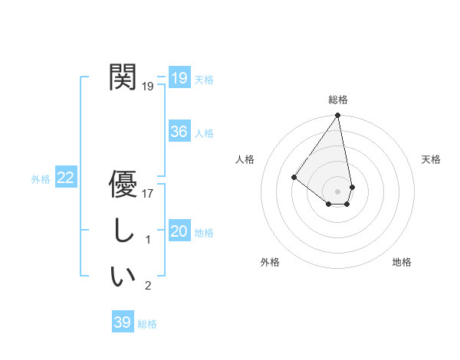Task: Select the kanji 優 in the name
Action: [x=123, y=184]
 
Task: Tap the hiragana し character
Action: [x=123, y=231]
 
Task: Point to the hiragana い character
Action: [x=123, y=277]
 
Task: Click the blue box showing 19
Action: [x=179, y=77]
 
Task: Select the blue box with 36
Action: [x=179, y=132]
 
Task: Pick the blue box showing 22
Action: [x=66, y=178]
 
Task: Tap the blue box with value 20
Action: [x=179, y=231]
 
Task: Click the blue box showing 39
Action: [x=123, y=322]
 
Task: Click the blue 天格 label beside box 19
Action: [x=204, y=79]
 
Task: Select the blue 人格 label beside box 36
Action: [x=204, y=133]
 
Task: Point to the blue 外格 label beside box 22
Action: [x=41, y=179]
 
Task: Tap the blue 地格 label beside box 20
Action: [x=204, y=233]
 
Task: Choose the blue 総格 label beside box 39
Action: [x=147, y=324]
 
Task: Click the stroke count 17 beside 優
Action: [x=148, y=194]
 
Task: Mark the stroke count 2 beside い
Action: [x=148, y=286]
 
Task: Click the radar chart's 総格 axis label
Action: [x=338, y=100]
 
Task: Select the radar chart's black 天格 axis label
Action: [x=432, y=159]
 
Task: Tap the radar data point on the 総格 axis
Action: [x=337, y=116]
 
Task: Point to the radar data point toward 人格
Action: [x=294, y=177]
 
